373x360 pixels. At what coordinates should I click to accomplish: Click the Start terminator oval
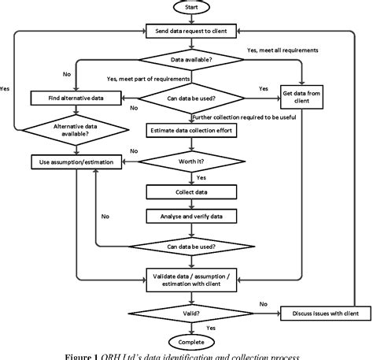point(190,9)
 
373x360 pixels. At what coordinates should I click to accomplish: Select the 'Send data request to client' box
point(190,32)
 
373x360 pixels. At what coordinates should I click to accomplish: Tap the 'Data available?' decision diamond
point(190,58)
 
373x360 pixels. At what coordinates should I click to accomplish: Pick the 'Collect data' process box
point(190,191)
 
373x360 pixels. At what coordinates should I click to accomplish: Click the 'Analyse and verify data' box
point(190,214)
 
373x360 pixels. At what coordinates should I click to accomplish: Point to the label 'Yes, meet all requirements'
point(283,50)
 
